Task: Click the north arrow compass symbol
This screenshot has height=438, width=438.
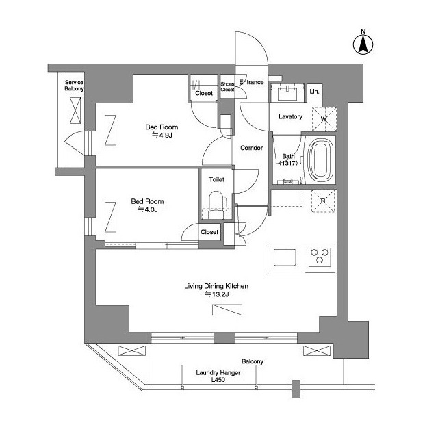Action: point(363,44)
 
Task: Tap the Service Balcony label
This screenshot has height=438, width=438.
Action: point(74,86)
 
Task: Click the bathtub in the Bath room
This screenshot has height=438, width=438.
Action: point(321,160)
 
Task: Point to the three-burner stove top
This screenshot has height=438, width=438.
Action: point(320,257)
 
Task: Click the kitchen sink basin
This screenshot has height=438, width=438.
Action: point(285,257)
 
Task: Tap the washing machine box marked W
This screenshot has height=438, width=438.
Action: point(324,119)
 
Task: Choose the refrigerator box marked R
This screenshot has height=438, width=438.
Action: point(323,201)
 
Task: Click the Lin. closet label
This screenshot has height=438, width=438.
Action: point(314,92)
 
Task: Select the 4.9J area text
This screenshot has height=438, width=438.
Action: point(162,136)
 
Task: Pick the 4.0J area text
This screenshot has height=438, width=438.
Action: point(148,209)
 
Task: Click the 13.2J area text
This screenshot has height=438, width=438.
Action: point(217,294)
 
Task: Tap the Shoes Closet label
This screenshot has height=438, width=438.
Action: point(227,87)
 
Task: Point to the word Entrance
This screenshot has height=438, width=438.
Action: point(251,82)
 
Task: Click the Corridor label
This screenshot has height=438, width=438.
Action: point(251,148)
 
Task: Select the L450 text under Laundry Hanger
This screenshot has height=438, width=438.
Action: point(218,380)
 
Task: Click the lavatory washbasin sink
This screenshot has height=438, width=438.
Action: point(287,93)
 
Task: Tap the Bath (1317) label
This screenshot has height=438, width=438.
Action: point(288,159)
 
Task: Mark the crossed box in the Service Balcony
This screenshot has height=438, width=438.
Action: point(75,110)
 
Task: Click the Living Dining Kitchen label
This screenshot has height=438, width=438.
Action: point(216,286)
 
